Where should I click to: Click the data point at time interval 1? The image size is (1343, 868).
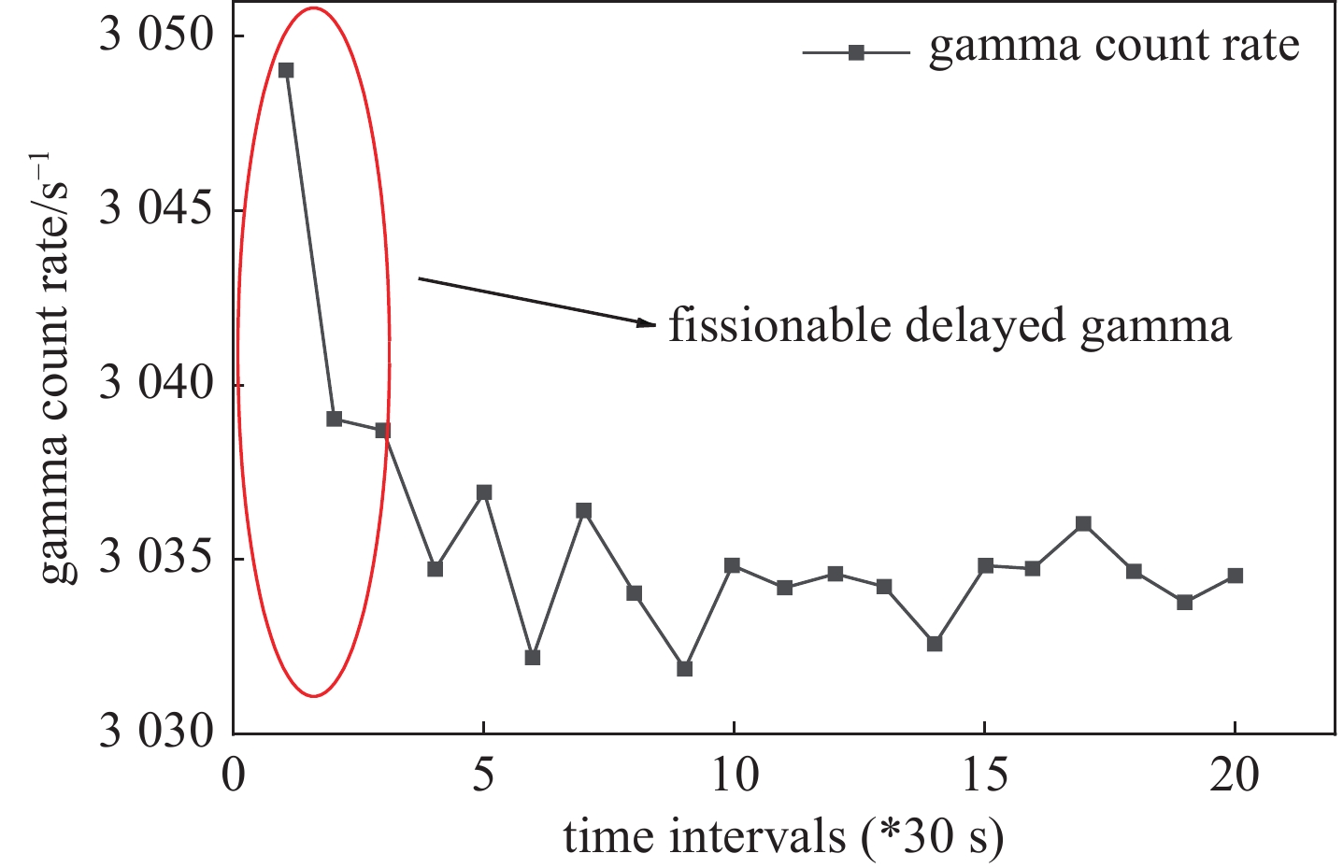(x=286, y=70)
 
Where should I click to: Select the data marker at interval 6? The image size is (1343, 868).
(x=533, y=657)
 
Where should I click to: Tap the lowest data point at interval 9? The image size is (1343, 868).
(x=684, y=668)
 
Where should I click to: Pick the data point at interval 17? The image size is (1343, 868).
(x=1083, y=523)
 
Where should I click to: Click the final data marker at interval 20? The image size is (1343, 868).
(x=1235, y=576)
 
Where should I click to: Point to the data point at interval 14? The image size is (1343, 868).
(x=934, y=644)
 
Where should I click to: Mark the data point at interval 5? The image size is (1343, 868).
(x=483, y=492)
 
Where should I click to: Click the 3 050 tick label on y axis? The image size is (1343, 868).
(x=156, y=36)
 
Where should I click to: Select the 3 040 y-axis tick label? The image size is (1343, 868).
(x=156, y=385)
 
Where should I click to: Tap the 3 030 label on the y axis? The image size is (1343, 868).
(x=156, y=733)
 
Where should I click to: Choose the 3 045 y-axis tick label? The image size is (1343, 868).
(x=156, y=210)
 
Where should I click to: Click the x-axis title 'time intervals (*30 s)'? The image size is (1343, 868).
(x=783, y=836)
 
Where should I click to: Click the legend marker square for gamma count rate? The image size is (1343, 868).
(x=855, y=53)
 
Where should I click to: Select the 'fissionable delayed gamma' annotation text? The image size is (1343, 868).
(x=950, y=327)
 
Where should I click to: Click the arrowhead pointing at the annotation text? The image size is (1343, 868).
(x=646, y=323)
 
